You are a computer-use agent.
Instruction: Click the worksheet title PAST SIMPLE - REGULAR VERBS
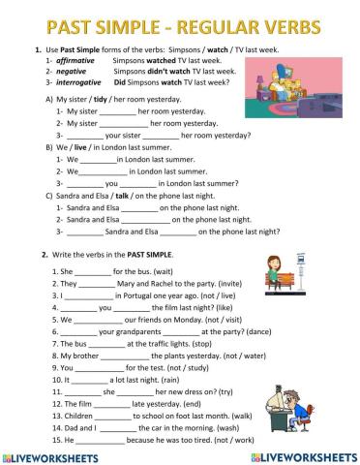tap(179, 16)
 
